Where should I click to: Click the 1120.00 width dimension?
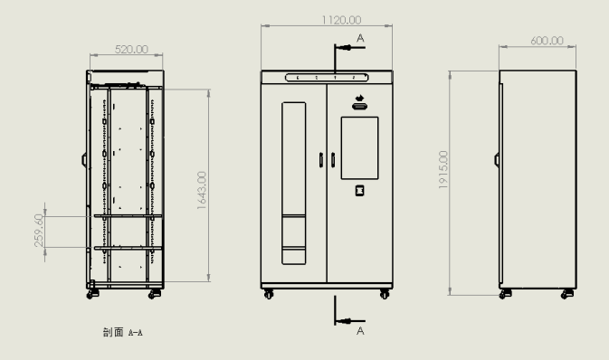(341, 20)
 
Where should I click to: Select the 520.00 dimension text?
(131, 50)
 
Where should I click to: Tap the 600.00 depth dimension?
(547, 41)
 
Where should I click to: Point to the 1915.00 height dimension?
(443, 170)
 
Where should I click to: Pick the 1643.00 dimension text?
(202, 191)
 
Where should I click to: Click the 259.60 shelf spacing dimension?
(39, 231)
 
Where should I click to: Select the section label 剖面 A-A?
(123, 333)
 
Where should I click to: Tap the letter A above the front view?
(360, 38)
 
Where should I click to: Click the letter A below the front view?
(360, 331)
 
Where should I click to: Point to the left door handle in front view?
(321, 160)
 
